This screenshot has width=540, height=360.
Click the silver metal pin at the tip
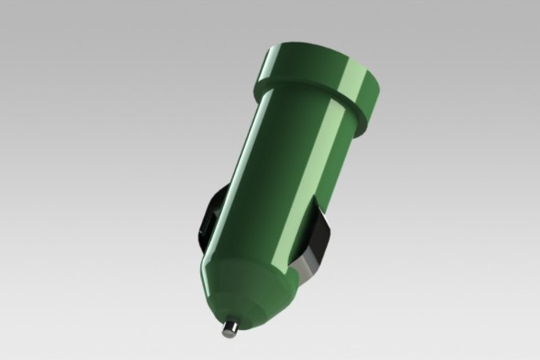(x=229, y=329)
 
